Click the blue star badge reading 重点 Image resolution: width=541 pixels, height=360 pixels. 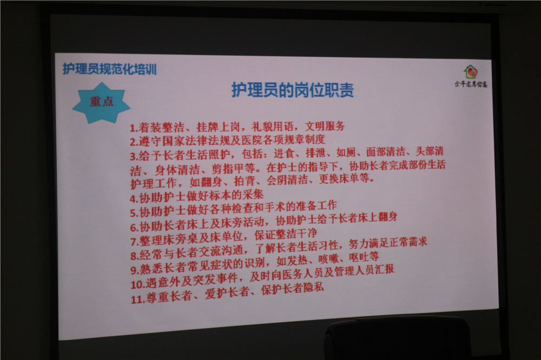coord(101,102)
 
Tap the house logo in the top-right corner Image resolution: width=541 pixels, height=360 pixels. coord(470,72)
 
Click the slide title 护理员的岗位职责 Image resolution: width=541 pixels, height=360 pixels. coord(292,90)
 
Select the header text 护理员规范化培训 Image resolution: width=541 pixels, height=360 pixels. coord(110,69)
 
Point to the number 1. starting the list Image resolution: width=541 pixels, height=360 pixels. coord(134,128)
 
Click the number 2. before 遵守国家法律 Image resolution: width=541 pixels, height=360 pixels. coord(134,142)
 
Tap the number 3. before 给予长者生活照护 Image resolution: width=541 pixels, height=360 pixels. coord(134,157)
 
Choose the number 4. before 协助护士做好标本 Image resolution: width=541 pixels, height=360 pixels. coord(134,199)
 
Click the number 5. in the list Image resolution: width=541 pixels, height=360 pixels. coord(134,213)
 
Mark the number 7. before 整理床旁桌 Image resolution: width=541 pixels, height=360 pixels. coord(135,242)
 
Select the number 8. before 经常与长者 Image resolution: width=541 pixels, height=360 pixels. coord(135,256)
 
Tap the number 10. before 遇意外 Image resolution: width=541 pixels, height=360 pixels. coord(137,284)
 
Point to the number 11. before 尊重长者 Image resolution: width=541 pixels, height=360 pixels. coord(137,299)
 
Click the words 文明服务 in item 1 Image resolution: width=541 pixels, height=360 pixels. coord(325,126)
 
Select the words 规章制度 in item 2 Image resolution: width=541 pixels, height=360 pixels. coord(305,139)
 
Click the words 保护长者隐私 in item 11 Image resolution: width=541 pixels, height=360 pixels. coord(293,289)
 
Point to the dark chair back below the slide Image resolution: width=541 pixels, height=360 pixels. coord(397,338)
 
